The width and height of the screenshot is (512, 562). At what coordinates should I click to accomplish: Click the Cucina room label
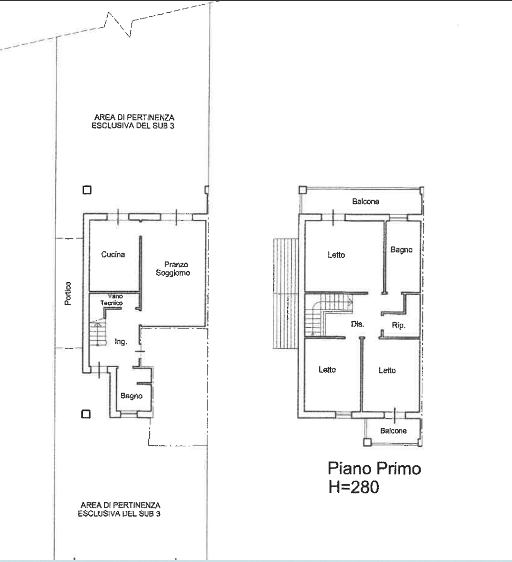point(113,255)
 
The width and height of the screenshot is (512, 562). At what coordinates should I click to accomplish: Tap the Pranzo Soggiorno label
point(173,268)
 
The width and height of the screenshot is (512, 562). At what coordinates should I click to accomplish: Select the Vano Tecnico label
point(112,299)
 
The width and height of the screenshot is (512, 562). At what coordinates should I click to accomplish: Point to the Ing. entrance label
point(121,342)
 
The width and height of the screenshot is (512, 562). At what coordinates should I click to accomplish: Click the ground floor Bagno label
point(131,396)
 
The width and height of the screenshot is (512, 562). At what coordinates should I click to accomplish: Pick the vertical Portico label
point(68,294)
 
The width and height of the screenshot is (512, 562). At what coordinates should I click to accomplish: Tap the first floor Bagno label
point(401,249)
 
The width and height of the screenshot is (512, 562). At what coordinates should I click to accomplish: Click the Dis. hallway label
point(357,324)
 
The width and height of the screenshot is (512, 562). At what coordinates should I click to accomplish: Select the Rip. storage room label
point(399,325)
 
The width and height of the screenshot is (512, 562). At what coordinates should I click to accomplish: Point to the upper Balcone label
point(365,201)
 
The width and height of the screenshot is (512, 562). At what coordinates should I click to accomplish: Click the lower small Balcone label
point(393,431)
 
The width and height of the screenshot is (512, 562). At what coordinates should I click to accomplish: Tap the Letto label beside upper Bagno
point(336,255)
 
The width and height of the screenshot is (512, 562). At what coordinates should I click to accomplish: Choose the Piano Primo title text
point(374,469)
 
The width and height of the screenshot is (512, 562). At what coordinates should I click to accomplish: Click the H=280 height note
point(354,487)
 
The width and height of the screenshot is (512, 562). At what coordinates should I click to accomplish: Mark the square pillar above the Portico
point(87,190)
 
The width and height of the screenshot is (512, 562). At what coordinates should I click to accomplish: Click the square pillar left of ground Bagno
point(86,414)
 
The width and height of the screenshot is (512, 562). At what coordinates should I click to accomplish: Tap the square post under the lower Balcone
point(367,442)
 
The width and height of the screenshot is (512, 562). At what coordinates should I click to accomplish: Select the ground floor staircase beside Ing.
point(98,333)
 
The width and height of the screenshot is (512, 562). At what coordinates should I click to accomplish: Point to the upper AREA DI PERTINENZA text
point(134,121)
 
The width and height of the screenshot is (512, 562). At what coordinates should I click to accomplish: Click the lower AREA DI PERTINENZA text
point(119,509)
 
